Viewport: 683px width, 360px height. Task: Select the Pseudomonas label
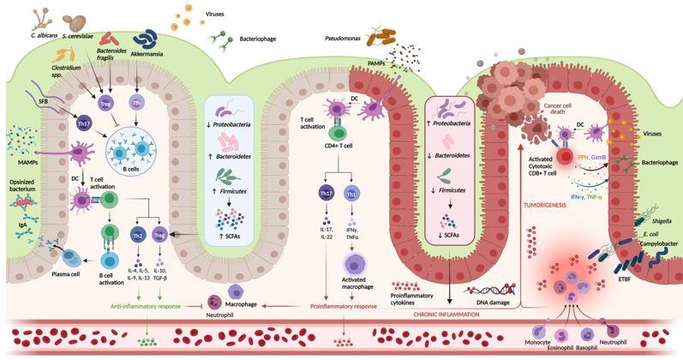pos(343,38)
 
